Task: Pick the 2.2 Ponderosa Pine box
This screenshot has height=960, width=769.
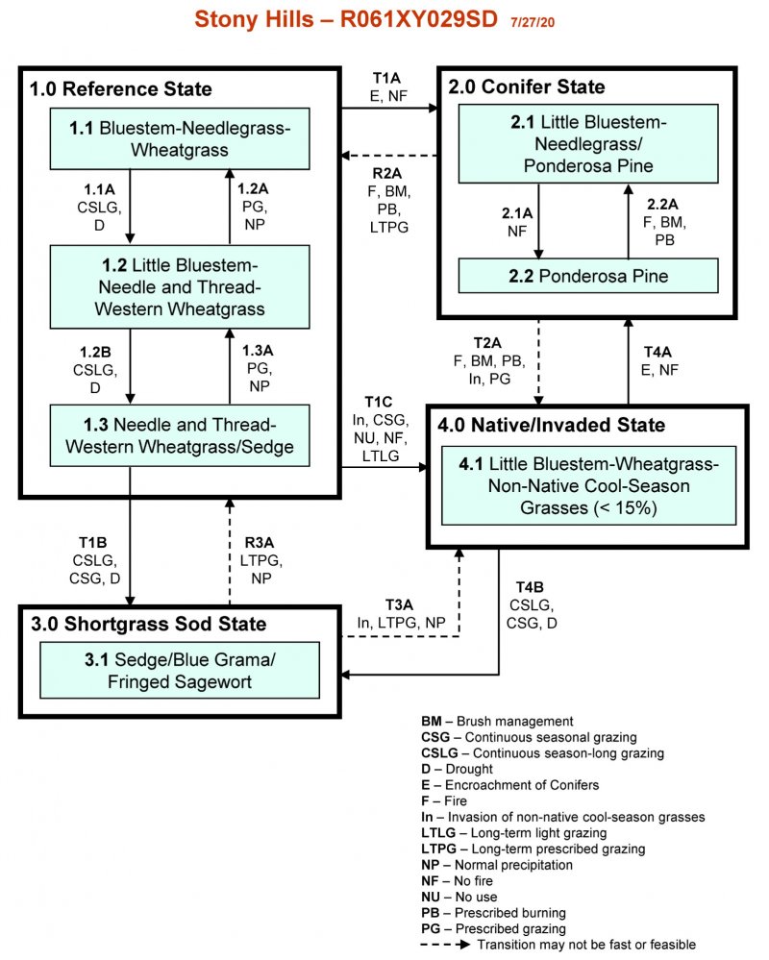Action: point(588,276)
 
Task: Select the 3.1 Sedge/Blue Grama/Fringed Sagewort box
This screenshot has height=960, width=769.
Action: point(179,671)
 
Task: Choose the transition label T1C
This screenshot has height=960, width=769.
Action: point(379,400)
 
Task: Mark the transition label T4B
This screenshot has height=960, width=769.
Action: point(530,587)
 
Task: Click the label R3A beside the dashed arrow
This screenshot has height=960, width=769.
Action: point(260,539)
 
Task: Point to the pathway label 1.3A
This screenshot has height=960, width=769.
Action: point(258,351)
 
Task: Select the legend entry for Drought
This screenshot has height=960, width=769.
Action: point(457,769)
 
